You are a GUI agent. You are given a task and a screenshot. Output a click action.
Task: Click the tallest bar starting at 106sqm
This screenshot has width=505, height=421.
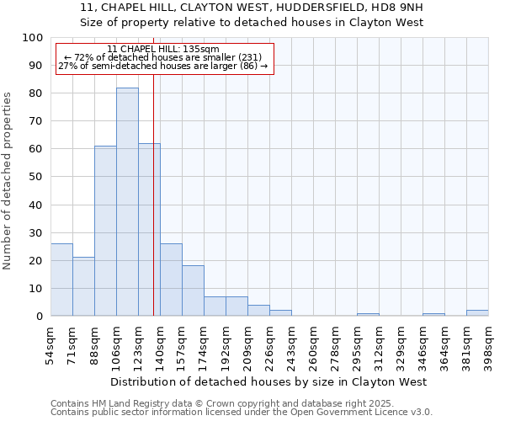tap(127, 202)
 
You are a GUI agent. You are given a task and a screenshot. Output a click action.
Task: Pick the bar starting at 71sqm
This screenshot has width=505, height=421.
tap(83, 286)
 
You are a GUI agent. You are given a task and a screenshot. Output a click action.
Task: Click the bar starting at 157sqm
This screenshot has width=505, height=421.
tap(193, 290)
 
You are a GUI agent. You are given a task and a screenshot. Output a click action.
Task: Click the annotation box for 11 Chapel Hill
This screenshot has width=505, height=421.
tap(165, 58)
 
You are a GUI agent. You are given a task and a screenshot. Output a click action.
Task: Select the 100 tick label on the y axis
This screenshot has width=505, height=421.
tap(32, 38)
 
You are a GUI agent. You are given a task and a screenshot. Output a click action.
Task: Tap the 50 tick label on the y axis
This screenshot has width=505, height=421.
tap(35, 177)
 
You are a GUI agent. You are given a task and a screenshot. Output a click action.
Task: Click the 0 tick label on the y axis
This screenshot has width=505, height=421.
tap(39, 317)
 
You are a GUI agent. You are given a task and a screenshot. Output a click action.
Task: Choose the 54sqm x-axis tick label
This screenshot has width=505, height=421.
tap(50, 343)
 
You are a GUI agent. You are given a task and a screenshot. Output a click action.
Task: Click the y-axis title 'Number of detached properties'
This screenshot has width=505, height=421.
tap(8, 181)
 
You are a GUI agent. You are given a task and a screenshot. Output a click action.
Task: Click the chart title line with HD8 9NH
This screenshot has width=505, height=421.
tap(252, 8)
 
